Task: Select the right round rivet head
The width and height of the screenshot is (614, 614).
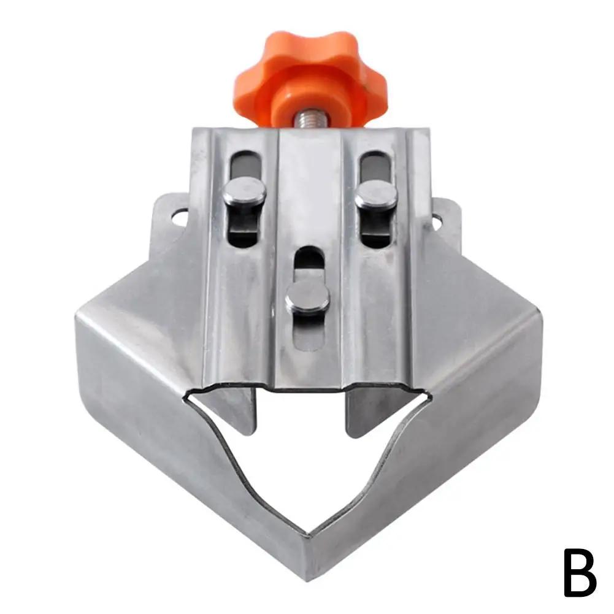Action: point(377,196)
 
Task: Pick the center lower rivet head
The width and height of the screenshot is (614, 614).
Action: point(307,297)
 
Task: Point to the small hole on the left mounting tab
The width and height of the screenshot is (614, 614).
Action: point(179,216)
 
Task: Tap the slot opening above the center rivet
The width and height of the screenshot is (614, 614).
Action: point(309,261)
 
